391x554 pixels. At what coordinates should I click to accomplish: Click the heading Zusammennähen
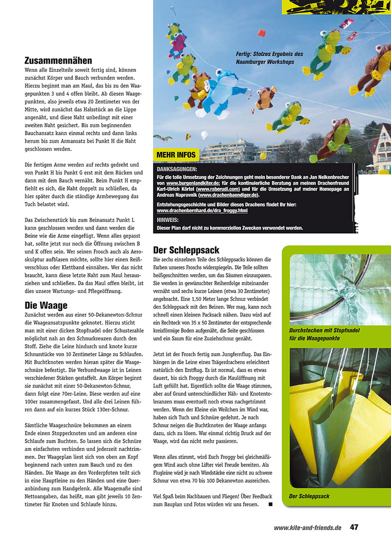(x=58, y=61)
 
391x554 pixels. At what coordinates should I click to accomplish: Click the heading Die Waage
(x=46, y=305)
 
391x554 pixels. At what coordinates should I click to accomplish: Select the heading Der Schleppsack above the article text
(x=186, y=250)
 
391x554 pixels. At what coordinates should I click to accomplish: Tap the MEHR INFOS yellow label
(x=176, y=155)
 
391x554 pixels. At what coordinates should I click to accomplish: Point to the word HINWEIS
(x=167, y=220)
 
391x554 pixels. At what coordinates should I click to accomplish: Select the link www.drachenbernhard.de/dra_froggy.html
(x=202, y=211)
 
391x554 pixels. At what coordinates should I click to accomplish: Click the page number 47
(x=354, y=528)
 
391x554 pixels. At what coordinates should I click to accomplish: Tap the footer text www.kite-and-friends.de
(x=307, y=528)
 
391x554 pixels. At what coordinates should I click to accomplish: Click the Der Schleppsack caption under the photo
(x=309, y=496)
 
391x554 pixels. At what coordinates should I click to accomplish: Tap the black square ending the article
(x=270, y=504)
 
